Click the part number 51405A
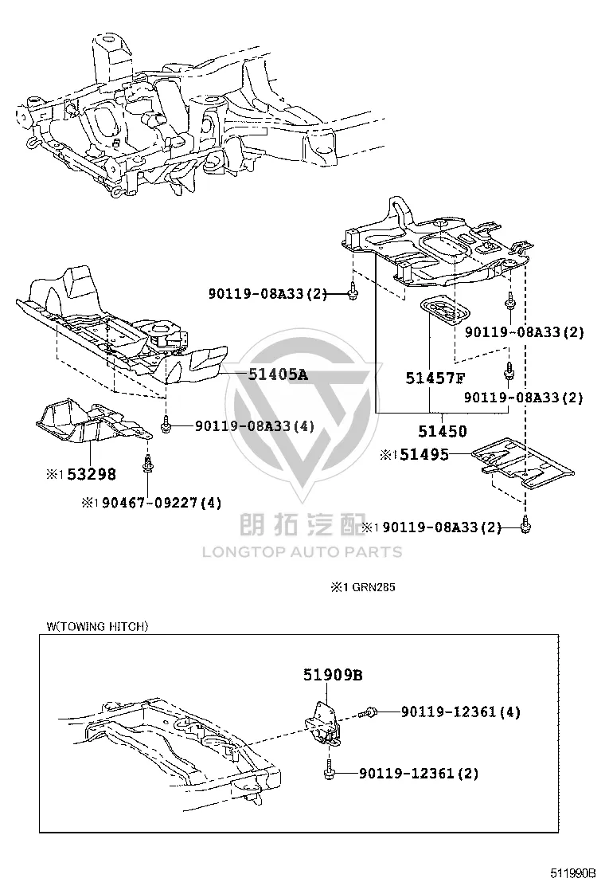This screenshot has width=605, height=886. tap(278, 374)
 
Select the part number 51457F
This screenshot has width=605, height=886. tap(435, 378)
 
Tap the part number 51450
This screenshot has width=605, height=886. tap(443, 432)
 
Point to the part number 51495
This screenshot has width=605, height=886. tap(424, 454)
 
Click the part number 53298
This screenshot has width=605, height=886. tap(92, 474)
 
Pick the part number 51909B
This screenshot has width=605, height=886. tap(333, 675)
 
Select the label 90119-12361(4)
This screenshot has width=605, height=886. tap(461, 712)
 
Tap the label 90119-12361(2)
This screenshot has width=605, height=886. tap(418, 773)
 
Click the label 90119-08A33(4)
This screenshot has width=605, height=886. tap(255, 425)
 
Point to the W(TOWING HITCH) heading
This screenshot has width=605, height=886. tap(98, 626)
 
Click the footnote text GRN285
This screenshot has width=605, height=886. tap(373, 587)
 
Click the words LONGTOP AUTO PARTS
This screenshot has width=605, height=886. tap(302, 552)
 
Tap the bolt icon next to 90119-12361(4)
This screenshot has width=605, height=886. tap(371, 712)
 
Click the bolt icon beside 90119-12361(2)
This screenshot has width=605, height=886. tap(329, 772)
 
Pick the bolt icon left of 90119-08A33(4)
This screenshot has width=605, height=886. tap(166, 425)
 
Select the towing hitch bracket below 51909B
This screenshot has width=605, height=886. tap(322, 723)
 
